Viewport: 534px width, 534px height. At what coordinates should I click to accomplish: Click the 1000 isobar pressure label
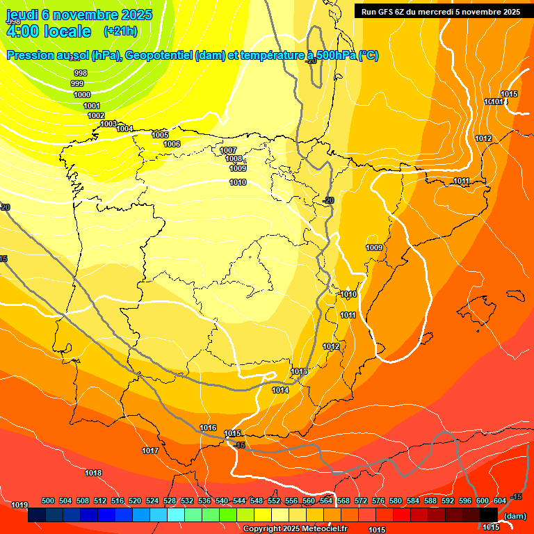coord(82,95)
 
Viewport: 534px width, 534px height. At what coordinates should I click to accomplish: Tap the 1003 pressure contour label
coord(108,124)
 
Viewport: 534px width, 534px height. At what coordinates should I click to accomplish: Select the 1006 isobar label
coord(172,144)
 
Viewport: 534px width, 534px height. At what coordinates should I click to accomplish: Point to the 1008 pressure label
coord(234,159)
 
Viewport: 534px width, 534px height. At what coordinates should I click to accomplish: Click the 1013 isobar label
coord(299,372)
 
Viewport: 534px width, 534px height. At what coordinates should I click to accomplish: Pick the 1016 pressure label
coord(208,428)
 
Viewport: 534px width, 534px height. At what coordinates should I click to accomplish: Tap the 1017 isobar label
coord(150,451)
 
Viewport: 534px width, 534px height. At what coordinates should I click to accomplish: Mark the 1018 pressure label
coord(93,474)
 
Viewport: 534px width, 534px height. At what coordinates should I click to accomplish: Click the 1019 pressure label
coord(19,505)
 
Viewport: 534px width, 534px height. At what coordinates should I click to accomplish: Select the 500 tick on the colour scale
coord(48,501)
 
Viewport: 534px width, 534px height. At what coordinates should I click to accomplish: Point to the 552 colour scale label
coord(274,501)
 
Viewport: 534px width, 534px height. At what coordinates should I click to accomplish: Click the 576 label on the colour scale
coord(378,501)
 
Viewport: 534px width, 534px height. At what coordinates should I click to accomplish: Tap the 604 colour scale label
coord(499,501)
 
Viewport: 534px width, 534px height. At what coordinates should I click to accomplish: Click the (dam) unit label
coord(515,515)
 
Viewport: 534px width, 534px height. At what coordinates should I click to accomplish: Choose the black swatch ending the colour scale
coord(489,515)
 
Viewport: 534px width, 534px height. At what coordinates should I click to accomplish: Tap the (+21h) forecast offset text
coord(120,31)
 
